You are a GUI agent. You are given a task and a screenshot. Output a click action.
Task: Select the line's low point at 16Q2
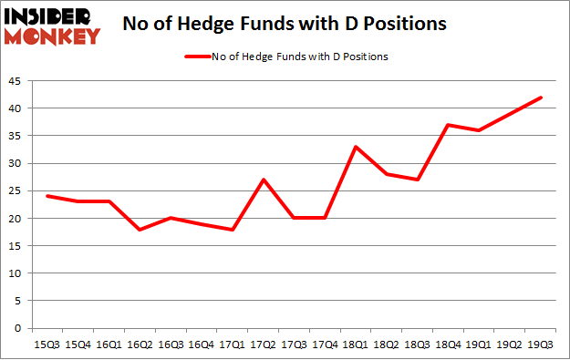pyautogui.click(x=140, y=230)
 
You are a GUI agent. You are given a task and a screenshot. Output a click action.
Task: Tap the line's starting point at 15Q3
pyautogui.click(x=47, y=196)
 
